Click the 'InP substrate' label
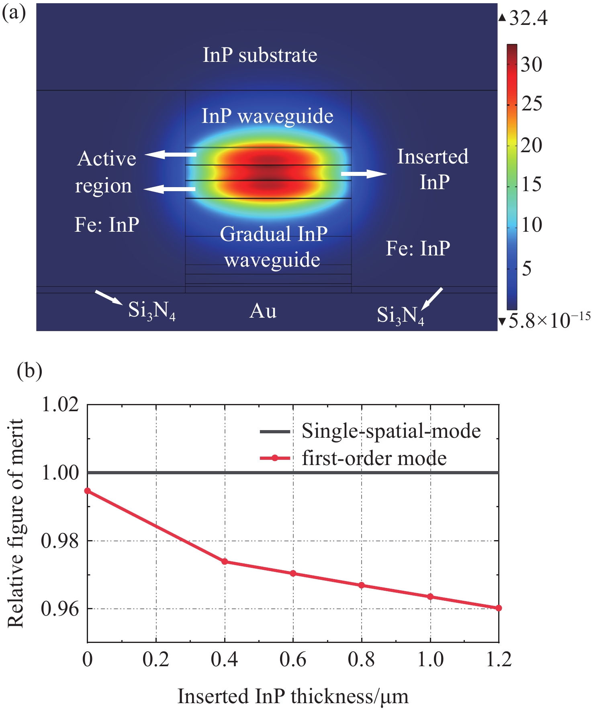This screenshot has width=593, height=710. pyautogui.click(x=260, y=55)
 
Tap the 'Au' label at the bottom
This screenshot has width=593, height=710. pyautogui.click(x=263, y=311)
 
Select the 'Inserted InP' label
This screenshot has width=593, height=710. pyautogui.click(x=433, y=169)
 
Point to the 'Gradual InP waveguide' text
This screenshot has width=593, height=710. pyautogui.click(x=273, y=247)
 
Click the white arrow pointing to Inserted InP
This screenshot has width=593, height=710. pyautogui.click(x=364, y=173)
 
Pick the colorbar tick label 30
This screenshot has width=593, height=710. pyautogui.click(x=531, y=64)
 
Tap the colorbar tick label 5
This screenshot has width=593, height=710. pyautogui.click(x=527, y=268)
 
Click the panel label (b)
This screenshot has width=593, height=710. pyautogui.click(x=29, y=371)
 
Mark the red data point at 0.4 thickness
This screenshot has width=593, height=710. pyautogui.click(x=225, y=561)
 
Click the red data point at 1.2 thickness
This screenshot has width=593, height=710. pyautogui.click(x=499, y=608)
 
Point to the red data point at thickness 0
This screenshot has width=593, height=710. pyautogui.click(x=88, y=491)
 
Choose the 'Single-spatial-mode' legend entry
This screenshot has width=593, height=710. pyautogui.click(x=391, y=431)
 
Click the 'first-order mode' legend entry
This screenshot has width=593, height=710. pyautogui.click(x=374, y=458)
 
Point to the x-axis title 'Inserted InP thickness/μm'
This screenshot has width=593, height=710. pyautogui.click(x=293, y=696)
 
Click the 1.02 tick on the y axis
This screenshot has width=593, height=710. pyautogui.click(x=60, y=404)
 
